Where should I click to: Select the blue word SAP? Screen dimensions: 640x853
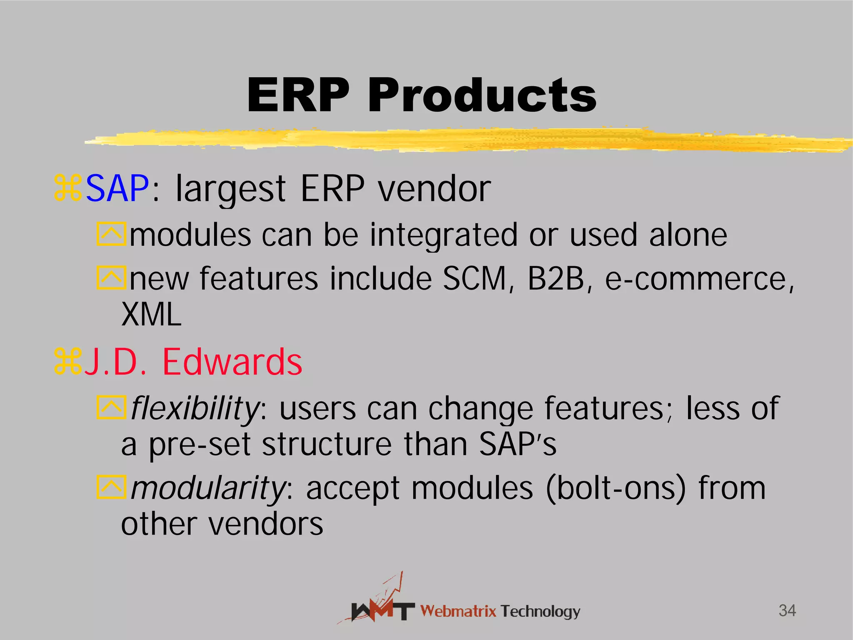pyautogui.click(x=117, y=189)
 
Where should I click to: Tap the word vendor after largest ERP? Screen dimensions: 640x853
pyautogui.click(x=434, y=189)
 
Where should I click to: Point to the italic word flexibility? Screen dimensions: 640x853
pyautogui.click(x=195, y=408)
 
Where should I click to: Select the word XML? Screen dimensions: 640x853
pyautogui.click(x=151, y=315)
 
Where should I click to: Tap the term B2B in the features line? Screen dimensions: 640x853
pyautogui.click(x=556, y=278)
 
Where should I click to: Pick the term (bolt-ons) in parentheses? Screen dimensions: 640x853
pyautogui.click(x=615, y=488)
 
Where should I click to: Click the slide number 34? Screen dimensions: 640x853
pyautogui.click(x=787, y=610)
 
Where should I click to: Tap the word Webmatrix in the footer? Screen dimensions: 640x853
pyautogui.click(x=458, y=611)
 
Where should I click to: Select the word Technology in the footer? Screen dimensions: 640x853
pyautogui.click(x=540, y=611)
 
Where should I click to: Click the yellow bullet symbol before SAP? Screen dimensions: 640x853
pyautogui.click(x=67, y=189)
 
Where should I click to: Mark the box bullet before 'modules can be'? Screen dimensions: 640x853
pyautogui.click(x=111, y=234)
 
